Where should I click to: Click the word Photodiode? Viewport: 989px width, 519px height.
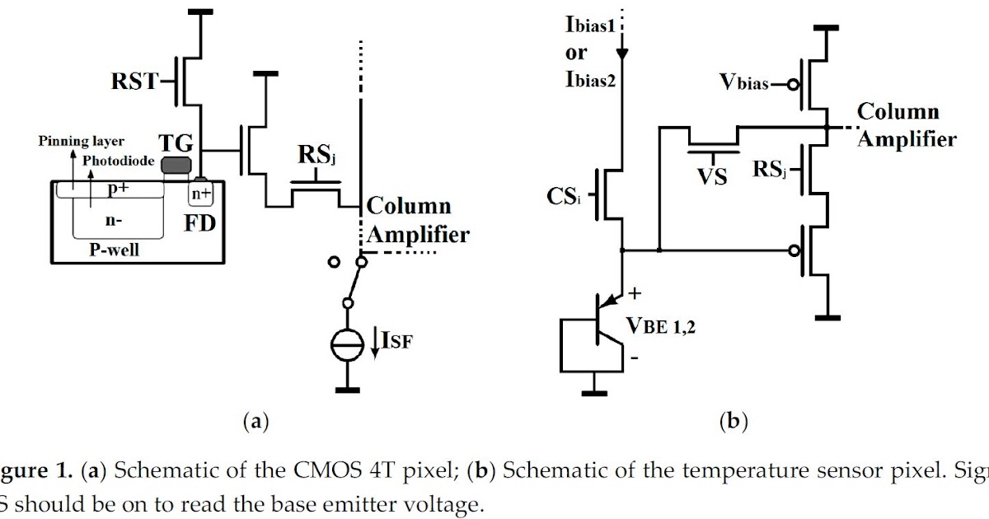[x=118, y=161]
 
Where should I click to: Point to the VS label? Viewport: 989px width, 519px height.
[x=710, y=176]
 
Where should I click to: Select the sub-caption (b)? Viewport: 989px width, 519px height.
[x=733, y=423]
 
